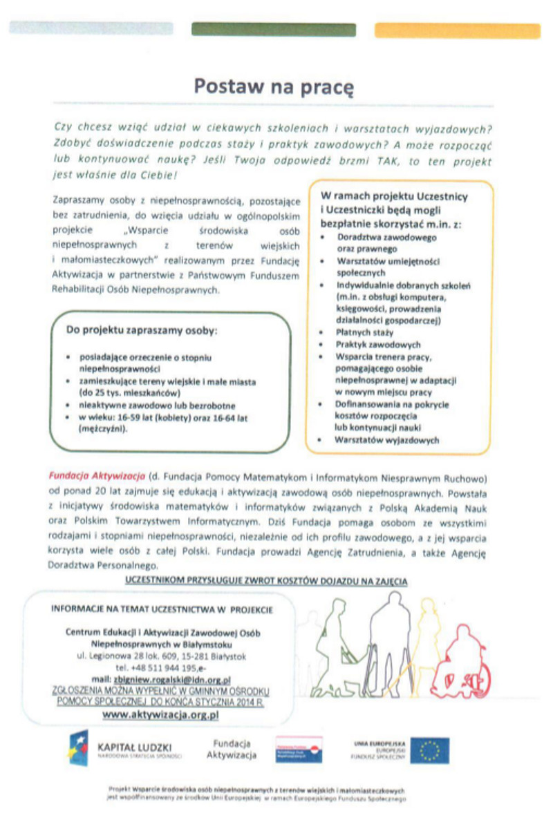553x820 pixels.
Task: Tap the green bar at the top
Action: [x=273, y=30]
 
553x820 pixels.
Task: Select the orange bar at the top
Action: [x=457, y=30]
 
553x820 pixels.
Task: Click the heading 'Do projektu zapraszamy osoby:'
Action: [x=142, y=330]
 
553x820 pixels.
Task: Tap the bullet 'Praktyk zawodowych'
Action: [x=377, y=344]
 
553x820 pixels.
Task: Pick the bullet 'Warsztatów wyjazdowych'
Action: [x=387, y=439]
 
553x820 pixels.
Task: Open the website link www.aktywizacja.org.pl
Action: [x=160, y=715]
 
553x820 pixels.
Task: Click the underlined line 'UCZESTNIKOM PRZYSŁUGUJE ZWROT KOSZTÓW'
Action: [x=265, y=582]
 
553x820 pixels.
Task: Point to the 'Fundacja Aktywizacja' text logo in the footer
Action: [x=231, y=749]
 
